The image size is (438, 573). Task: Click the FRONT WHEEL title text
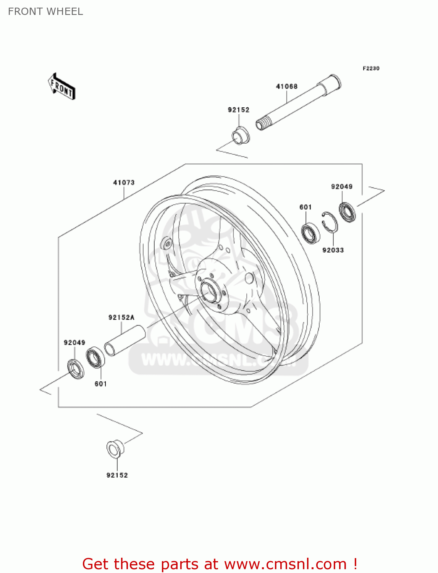click(x=45, y=11)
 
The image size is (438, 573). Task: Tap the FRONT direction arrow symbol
click(x=61, y=87)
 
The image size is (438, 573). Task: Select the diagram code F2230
click(x=371, y=68)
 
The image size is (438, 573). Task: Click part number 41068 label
click(x=286, y=86)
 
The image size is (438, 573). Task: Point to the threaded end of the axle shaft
click(x=262, y=124)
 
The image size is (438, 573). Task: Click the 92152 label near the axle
click(x=238, y=110)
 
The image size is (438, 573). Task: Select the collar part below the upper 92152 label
click(x=241, y=136)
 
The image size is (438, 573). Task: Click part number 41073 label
click(x=124, y=183)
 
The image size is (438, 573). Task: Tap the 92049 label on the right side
click(x=341, y=186)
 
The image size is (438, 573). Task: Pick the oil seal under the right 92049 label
click(x=347, y=212)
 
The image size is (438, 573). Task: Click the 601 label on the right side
click(x=305, y=207)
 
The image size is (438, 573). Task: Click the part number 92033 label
click(x=333, y=250)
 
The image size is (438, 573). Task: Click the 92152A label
click(x=121, y=317)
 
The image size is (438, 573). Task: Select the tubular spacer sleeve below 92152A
click(x=125, y=340)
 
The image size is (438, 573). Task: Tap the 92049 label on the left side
click(x=74, y=343)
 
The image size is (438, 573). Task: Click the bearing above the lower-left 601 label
click(x=95, y=358)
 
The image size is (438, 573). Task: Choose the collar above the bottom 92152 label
click(x=115, y=449)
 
